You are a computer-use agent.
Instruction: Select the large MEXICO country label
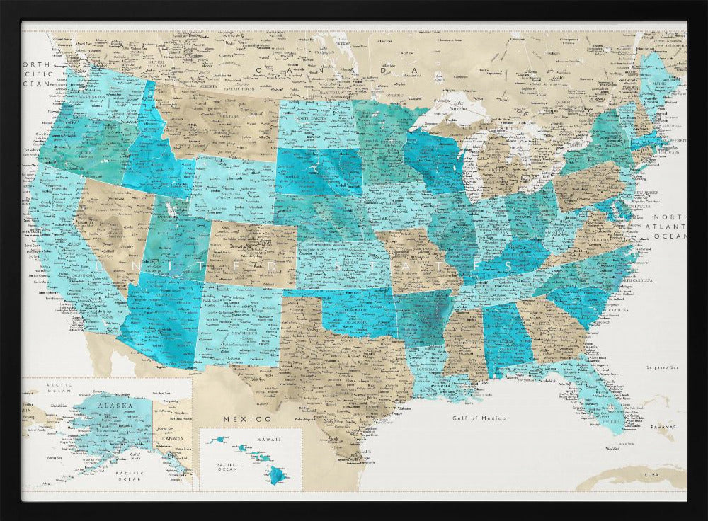pyautogui.click(x=238, y=418)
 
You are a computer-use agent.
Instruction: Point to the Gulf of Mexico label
pyautogui.click(x=479, y=418)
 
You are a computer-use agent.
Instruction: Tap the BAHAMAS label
pyautogui.click(x=663, y=428)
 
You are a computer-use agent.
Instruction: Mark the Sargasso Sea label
pyautogui.click(x=662, y=367)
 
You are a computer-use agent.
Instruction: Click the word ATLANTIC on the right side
pyautogui.click(x=670, y=226)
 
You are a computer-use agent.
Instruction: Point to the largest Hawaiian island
pyautogui.click(x=275, y=477)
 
